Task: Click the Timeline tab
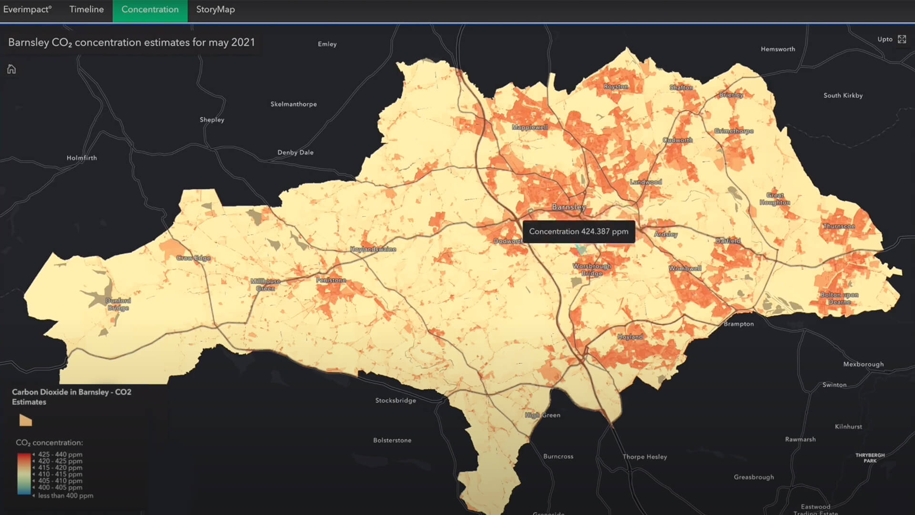(86, 10)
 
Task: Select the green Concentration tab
(150, 10)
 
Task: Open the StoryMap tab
(215, 10)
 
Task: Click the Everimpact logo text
(27, 10)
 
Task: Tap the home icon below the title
(11, 70)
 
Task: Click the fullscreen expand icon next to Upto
(902, 39)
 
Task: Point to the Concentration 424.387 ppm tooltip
(579, 232)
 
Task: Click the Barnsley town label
(569, 207)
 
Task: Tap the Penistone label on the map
(331, 280)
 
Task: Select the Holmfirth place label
(81, 158)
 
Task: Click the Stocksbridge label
(396, 401)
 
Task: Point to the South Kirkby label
(843, 95)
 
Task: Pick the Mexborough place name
(863, 364)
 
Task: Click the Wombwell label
(685, 268)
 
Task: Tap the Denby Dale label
(295, 153)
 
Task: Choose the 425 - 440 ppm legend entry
(60, 454)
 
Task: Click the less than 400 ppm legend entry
(65, 496)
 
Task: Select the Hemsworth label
(778, 49)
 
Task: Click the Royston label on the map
(615, 87)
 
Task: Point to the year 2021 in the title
(243, 42)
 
